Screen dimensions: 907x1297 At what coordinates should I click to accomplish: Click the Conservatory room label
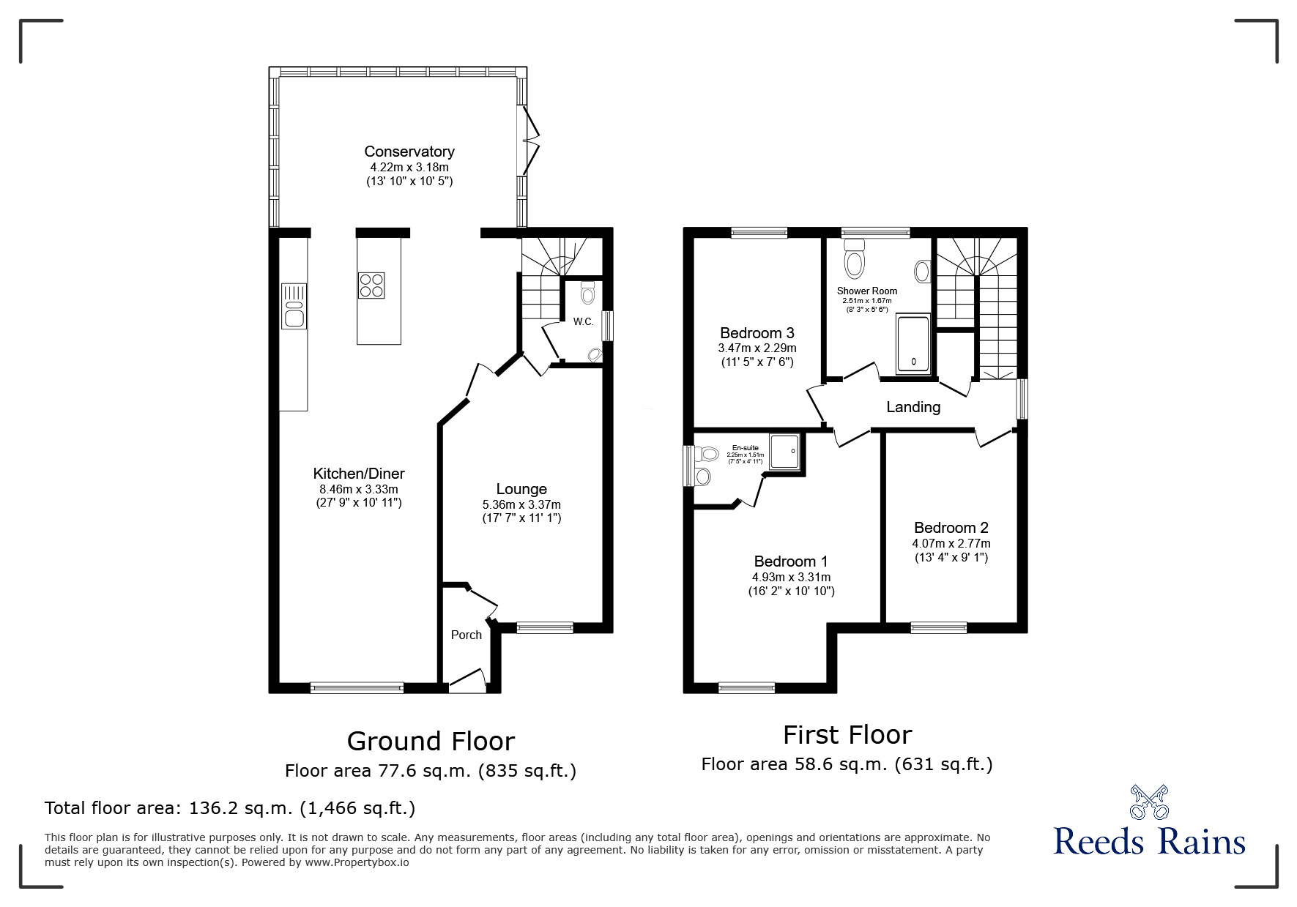409,152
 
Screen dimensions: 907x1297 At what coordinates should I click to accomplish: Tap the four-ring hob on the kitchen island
371,285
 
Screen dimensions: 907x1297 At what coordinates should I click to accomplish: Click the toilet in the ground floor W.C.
587,294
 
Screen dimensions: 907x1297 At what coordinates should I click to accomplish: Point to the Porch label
466,635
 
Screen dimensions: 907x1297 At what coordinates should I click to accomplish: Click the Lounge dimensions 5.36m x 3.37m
521,504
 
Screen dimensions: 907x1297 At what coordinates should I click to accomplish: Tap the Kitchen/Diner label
359,474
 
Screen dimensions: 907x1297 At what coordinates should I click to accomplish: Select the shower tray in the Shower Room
913,345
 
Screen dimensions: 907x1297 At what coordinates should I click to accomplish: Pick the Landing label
913,407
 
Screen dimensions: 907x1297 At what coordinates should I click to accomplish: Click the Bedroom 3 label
757,333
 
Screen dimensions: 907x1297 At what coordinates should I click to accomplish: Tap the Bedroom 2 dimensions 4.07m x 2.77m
951,543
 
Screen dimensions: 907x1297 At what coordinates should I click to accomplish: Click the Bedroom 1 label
791,561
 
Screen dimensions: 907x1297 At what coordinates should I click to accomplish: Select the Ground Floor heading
431,741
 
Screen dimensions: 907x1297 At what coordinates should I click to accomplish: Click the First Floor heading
847,734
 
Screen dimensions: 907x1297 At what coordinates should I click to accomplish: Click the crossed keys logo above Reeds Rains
1149,802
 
